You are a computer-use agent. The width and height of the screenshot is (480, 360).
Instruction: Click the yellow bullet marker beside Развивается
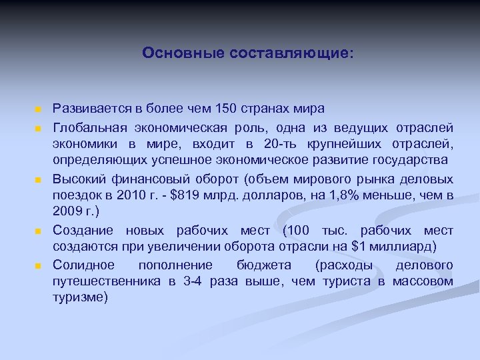tap(39, 109)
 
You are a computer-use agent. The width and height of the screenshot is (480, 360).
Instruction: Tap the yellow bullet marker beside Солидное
tap(39, 266)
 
